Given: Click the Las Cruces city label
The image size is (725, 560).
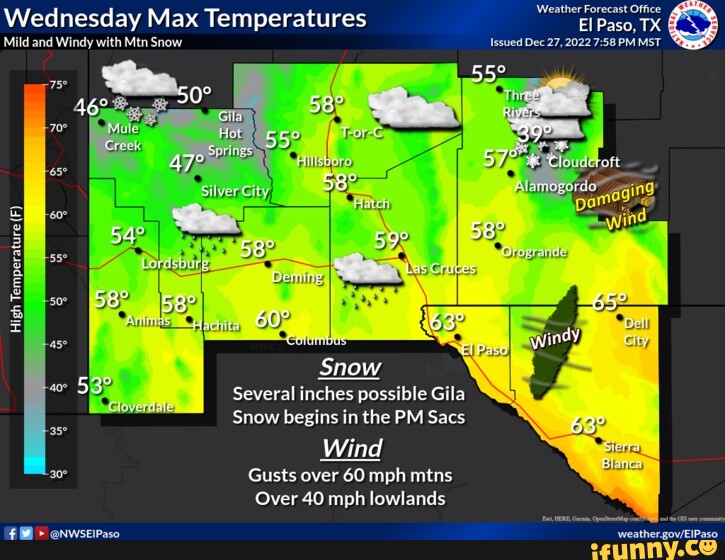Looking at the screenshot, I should [441, 269].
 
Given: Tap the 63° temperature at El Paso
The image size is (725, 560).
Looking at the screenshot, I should [447, 322].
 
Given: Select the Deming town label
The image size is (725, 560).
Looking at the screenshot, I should [298, 277].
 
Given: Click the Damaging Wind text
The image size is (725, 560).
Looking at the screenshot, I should [615, 203].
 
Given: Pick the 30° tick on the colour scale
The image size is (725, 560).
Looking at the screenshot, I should [58, 474].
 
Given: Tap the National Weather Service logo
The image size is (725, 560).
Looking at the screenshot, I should [693, 24].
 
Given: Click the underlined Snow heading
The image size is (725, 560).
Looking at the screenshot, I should [349, 367].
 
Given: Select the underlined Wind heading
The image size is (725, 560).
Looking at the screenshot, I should [351, 447].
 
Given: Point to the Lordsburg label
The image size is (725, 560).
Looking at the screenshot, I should [175, 264].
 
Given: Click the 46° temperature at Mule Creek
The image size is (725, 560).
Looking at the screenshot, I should [91, 108].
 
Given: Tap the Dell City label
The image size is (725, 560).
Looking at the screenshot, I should [636, 331].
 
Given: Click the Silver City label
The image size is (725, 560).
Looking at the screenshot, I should [235, 191].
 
